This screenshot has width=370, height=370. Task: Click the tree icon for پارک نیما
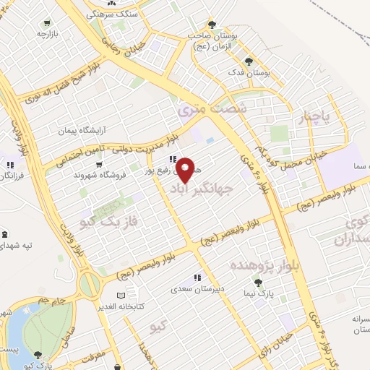point(257,283)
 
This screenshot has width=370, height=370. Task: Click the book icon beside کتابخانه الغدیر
point(121,296)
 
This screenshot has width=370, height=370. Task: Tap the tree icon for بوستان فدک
point(249,61)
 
